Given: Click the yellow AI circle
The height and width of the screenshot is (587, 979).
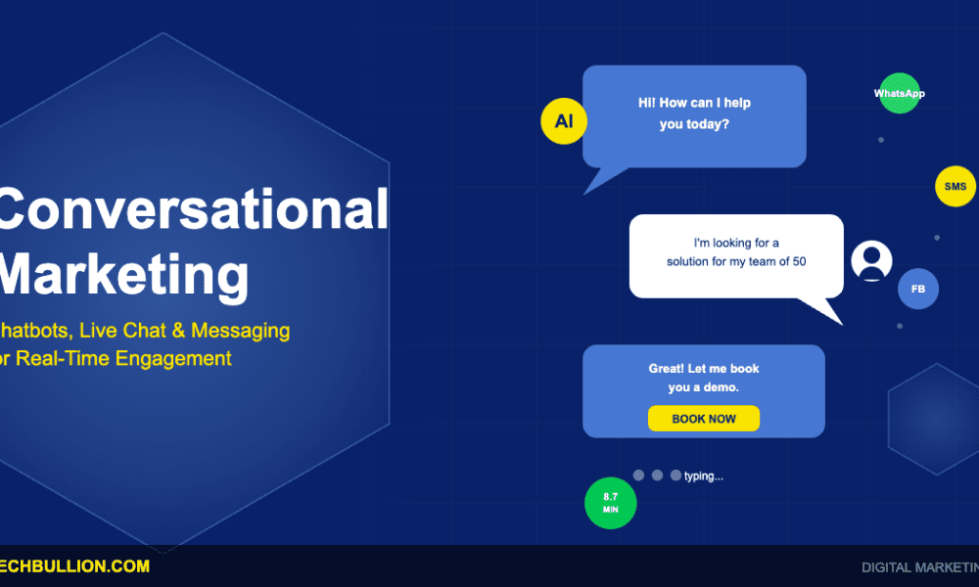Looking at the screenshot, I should (x=563, y=122).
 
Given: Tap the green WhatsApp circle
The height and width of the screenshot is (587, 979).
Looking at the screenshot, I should (x=899, y=94).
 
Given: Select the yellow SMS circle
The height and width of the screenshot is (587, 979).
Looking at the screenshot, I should (x=955, y=186).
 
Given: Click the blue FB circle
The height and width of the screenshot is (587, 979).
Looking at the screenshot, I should (x=918, y=290).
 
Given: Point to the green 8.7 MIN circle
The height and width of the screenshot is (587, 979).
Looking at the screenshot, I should (x=610, y=503).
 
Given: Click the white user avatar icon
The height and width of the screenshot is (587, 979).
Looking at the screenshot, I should (x=871, y=260).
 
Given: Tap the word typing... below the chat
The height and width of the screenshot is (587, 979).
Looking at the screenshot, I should (x=704, y=476).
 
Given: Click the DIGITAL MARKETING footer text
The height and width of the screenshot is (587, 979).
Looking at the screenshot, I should (x=919, y=567).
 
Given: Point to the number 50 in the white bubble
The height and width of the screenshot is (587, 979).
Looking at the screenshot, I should (x=798, y=262).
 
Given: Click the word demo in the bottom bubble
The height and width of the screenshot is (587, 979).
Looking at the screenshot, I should (x=721, y=387).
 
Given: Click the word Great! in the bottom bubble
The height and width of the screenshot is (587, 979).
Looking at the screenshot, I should (x=671, y=369).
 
